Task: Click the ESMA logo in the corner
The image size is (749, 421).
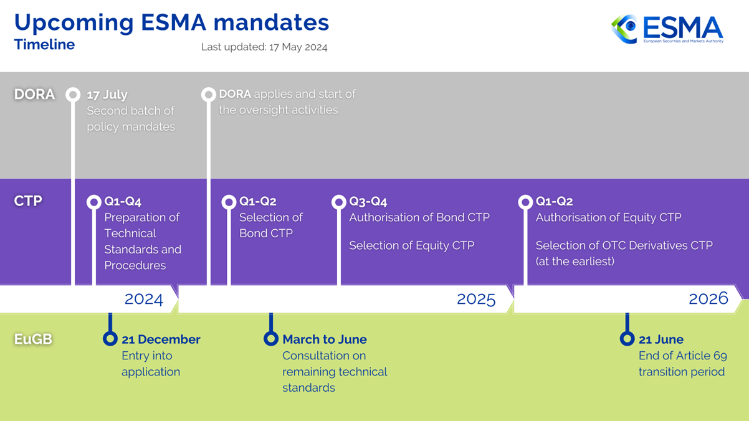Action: (667, 29)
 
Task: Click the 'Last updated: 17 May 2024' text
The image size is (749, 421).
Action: (264, 47)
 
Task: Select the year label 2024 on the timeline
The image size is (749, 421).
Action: (144, 299)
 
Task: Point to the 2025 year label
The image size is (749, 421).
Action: (476, 299)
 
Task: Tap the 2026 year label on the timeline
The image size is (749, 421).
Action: (708, 298)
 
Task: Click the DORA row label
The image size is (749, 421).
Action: (34, 94)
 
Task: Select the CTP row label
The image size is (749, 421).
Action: (28, 201)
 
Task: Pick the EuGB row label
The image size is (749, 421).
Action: (33, 339)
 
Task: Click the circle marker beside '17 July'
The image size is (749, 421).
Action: (73, 95)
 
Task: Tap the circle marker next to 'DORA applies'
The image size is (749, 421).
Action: (209, 95)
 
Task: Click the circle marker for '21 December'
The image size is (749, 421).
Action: (110, 338)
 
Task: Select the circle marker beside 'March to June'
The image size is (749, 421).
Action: (271, 338)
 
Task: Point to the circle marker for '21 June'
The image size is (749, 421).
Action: (627, 338)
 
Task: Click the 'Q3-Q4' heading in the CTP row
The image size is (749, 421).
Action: (368, 202)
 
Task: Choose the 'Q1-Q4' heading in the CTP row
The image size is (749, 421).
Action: (123, 202)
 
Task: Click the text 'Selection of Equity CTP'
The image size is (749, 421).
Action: (412, 245)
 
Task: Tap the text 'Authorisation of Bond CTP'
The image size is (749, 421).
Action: (419, 217)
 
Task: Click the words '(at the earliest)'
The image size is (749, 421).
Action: (575, 262)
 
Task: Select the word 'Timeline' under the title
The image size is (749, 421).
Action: (44, 44)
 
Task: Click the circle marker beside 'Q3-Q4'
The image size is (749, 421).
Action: (339, 202)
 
